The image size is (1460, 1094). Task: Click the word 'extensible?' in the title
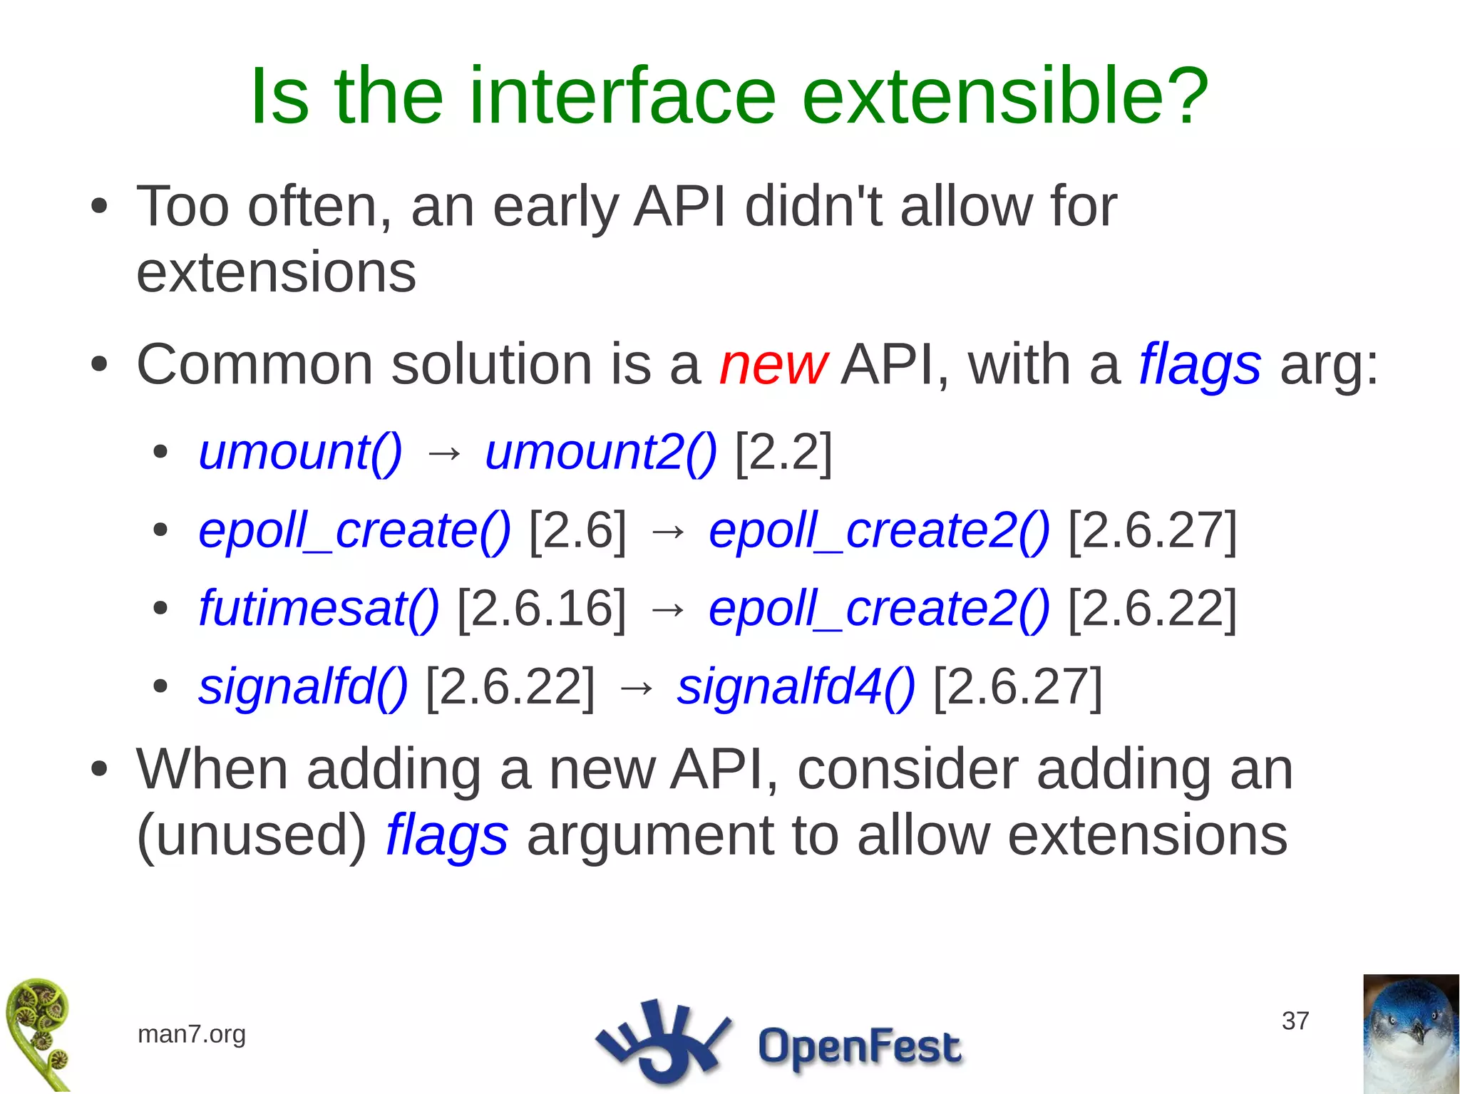coord(1005,96)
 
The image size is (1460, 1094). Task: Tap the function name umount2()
coord(600,452)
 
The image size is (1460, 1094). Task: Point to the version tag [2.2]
coord(783,452)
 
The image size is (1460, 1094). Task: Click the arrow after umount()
coord(443,453)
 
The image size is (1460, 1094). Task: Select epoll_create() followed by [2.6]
coord(354,531)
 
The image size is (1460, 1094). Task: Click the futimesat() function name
coord(319,609)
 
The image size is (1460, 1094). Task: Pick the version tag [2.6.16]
coord(541,609)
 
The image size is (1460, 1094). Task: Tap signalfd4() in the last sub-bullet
coord(796,686)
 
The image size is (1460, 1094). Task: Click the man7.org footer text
coord(191,1033)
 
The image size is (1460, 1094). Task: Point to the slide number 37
coord(1295,1021)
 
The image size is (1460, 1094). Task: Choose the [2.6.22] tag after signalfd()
coord(510,686)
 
